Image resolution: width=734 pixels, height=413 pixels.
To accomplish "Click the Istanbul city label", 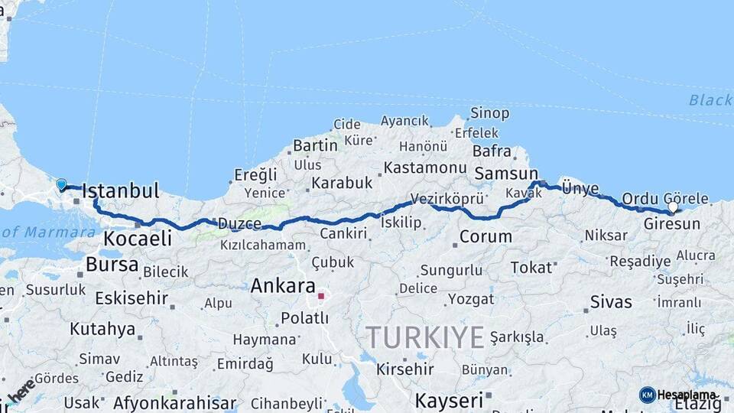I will click(x=120, y=191).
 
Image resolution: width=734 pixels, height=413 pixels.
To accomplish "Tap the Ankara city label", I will click(x=283, y=287).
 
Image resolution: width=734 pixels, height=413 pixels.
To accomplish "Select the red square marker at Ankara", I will click(x=322, y=295).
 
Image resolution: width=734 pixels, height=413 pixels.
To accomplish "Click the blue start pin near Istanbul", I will click(x=61, y=184).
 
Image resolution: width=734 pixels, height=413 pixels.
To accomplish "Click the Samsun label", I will click(x=505, y=174).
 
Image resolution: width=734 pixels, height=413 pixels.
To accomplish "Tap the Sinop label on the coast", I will click(x=489, y=113).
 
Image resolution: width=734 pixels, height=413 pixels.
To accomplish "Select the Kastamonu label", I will click(x=425, y=167).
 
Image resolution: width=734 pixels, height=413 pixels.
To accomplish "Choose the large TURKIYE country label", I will click(x=424, y=337).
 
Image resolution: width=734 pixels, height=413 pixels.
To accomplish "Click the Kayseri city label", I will click(x=450, y=400).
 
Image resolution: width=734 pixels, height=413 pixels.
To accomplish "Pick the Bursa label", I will click(x=112, y=265).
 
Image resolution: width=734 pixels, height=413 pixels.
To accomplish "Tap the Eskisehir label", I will click(x=131, y=298).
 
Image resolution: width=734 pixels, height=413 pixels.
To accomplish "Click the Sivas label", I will click(x=611, y=302).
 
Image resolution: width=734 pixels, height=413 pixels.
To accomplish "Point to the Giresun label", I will click(x=672, y=224).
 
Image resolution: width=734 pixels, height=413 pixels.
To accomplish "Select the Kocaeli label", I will click(x=138, y=239).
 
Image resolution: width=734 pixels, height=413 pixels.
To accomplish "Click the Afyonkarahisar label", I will click(x=174, y=403).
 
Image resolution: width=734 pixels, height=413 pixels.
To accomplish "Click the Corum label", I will click(x=486, y=236).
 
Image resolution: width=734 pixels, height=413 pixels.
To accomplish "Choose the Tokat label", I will click(x=531, y=267).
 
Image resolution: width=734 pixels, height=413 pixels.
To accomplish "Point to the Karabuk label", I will click(x=342, y=184).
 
